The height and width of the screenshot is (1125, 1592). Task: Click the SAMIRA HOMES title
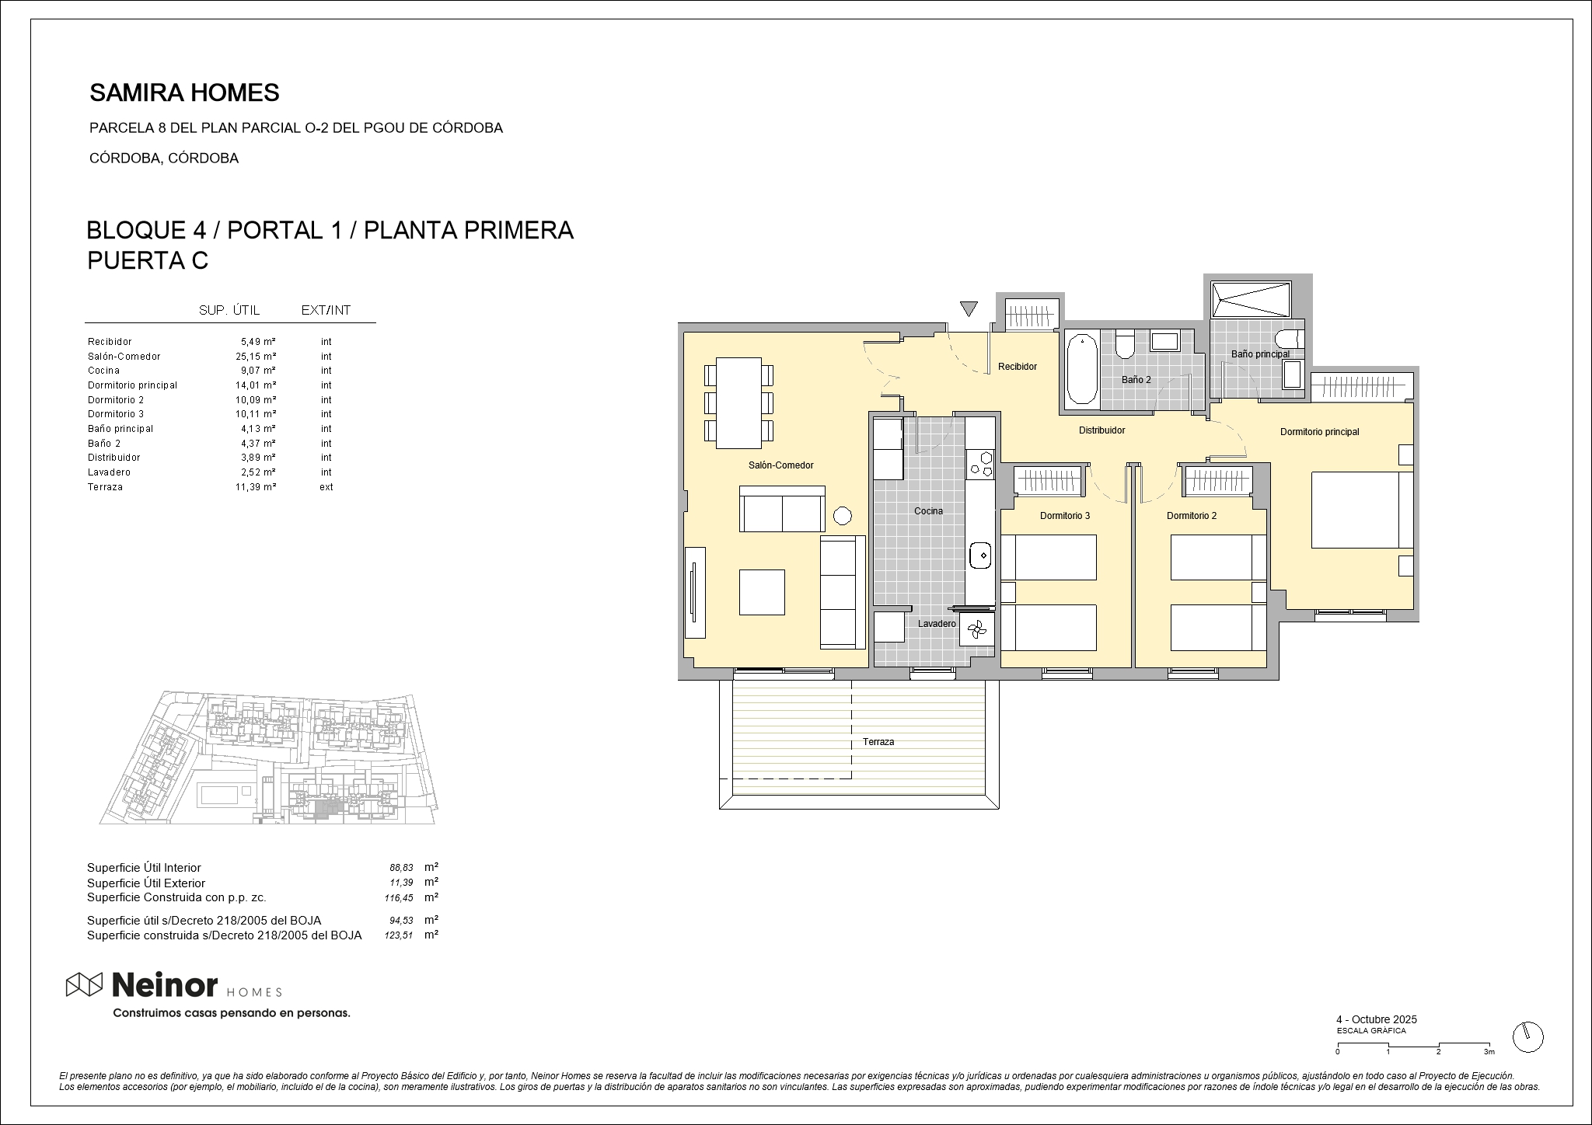(x=184, y=93)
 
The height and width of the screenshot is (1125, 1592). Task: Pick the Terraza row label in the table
(x=105, y=487)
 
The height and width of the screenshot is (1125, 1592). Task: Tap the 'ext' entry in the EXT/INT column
(x=326, y=487)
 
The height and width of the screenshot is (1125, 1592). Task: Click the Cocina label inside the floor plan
(x=928, y=511)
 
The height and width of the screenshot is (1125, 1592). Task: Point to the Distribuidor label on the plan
(x=1101, y=430)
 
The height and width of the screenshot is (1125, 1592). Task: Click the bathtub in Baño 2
(x=1081, y=367)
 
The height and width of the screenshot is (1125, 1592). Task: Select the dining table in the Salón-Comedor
(x=738, y=402)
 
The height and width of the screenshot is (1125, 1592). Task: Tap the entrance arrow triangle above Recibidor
(x=968, y=308)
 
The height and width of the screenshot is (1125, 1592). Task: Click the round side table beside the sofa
(x=842, y=515)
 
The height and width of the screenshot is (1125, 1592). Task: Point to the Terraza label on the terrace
(x=878, y=742)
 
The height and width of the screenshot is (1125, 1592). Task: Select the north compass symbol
(x=1527, y=1037)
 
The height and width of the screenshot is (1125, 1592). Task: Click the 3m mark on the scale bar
(x=1489, y=1052)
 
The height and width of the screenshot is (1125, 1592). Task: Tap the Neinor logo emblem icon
(x=84, y=984)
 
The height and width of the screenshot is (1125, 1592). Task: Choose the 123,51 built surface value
(x=399, y=936)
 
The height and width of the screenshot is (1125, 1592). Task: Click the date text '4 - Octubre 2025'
(x=1377, y=1019)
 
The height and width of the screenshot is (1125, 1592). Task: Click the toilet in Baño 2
(x=1125, y=344)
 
